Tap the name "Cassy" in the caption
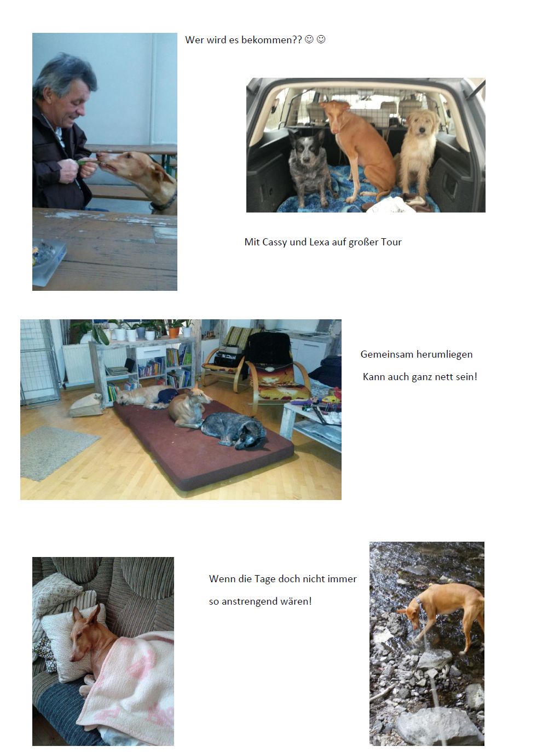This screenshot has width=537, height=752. point(275,242)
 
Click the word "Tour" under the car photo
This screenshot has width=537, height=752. point(391,242)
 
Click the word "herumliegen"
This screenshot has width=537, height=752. point(447,354)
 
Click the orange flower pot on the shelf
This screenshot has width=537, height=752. point(174,332)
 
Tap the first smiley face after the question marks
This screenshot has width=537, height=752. point(309,39)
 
